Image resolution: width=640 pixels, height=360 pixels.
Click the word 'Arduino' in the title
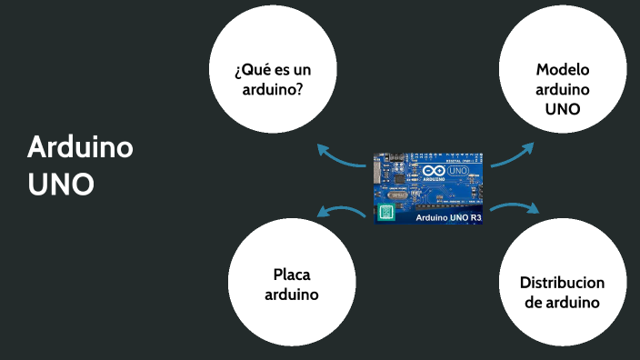(81, 146)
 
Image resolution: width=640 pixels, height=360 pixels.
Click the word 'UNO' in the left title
(61, 184)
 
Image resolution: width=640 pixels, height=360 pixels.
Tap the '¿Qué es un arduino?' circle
(273, 79)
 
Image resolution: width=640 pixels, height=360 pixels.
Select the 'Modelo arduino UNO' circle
(562, 89)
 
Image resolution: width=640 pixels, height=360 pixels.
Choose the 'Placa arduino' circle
(291, 284)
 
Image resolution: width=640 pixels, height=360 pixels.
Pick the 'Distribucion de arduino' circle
(563, 291)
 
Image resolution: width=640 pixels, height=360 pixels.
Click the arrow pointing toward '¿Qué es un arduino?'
(340, 156)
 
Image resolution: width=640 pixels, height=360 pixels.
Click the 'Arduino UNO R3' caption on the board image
(449, 217)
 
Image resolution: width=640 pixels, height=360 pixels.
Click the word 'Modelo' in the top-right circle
(563, 70)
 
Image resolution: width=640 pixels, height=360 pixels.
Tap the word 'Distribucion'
(562, 282)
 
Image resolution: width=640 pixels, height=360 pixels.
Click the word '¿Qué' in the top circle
(251, 70)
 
